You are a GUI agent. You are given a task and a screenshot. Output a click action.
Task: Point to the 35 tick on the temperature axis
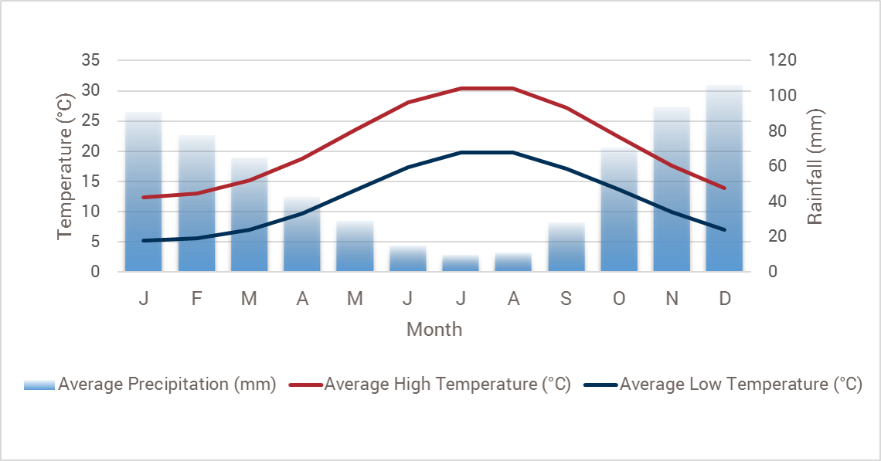coord(91,60)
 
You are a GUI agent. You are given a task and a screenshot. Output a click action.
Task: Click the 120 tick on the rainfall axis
coord(781,60)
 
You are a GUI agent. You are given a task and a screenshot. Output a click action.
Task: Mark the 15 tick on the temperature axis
coord(91,181)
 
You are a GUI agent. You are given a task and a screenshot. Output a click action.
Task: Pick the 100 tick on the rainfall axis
coord(781,96)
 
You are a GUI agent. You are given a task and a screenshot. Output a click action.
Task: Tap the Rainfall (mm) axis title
coord(815,166)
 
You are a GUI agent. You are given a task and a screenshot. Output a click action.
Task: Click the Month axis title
coord(434,330)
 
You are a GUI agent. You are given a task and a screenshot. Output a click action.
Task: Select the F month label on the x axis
coord(196,299)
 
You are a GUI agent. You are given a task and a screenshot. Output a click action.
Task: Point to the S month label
coord(566,299)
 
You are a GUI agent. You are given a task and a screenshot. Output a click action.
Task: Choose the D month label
coord(724,299)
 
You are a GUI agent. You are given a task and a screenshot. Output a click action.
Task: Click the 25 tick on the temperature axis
coord(91,120)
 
